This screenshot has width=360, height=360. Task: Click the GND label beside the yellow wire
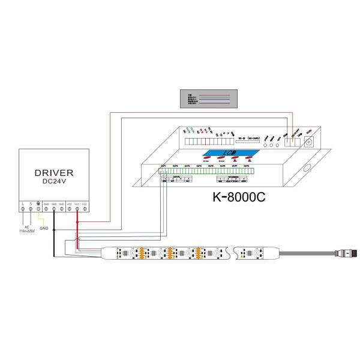click(44, 229)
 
